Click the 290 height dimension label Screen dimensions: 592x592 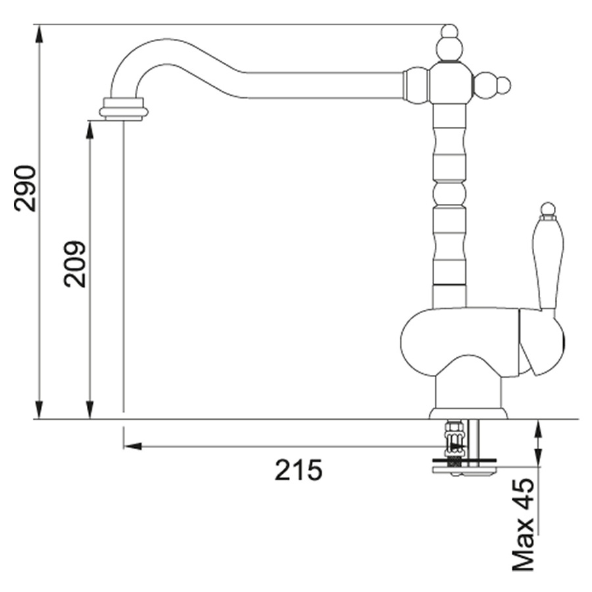point(24,188)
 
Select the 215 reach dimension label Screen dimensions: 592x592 point(298,470)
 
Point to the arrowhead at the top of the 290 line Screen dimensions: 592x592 point(39,34)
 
